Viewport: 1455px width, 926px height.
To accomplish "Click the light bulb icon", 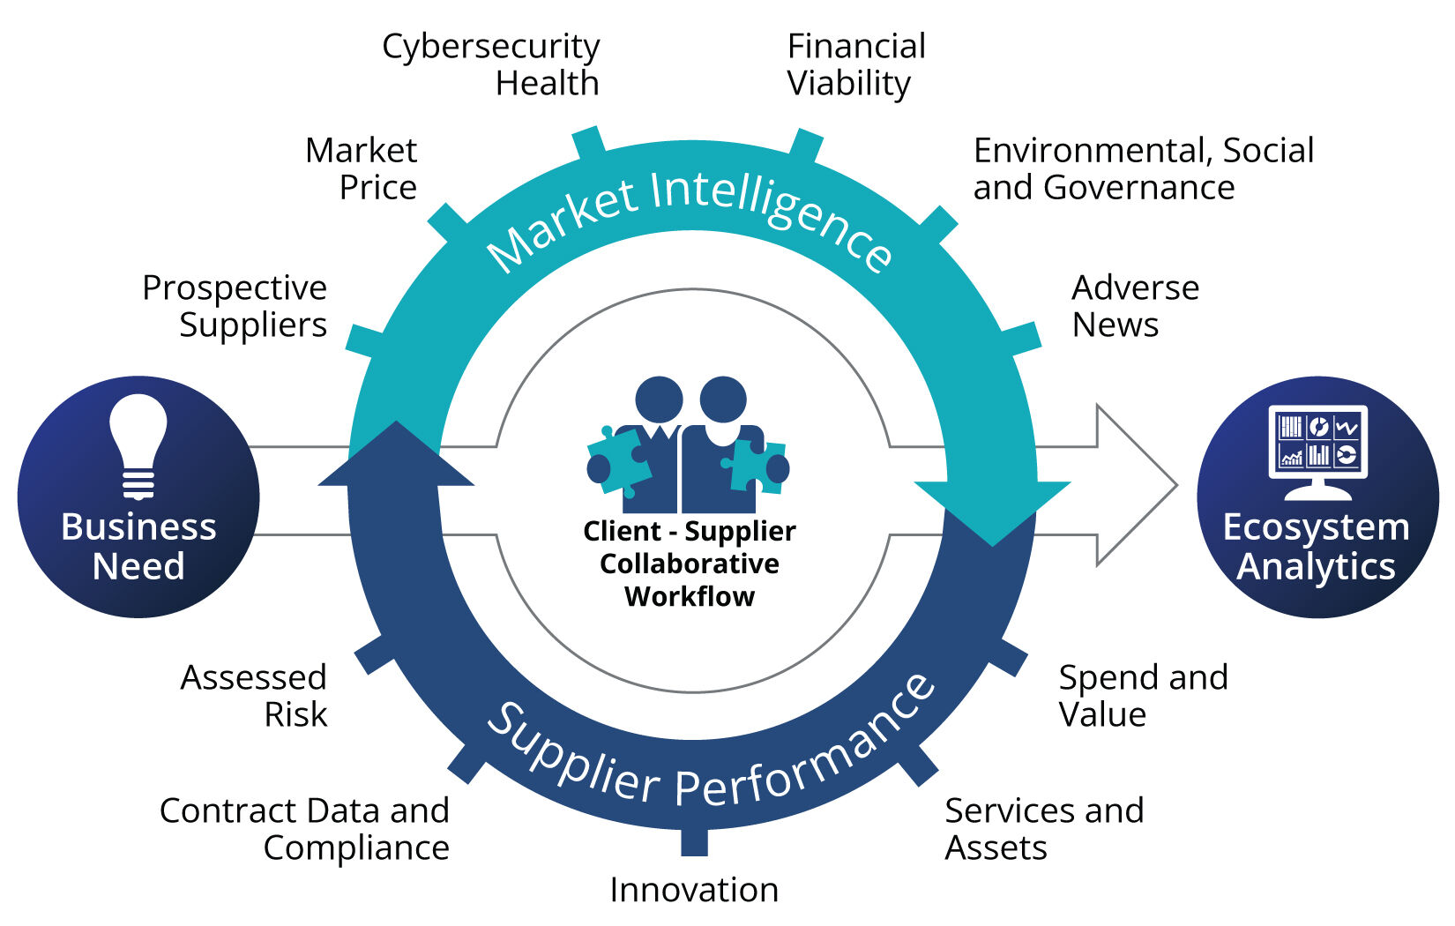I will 138,445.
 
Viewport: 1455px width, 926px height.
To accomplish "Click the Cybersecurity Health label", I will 491,64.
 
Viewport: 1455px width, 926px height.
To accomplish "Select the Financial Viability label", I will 855,64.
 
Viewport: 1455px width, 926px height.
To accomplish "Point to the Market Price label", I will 362,168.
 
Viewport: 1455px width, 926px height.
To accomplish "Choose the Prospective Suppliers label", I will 235,306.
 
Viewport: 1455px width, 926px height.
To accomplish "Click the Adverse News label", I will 1135,306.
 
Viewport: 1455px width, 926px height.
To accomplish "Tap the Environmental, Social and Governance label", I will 1143,168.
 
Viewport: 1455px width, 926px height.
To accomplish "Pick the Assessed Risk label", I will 254,696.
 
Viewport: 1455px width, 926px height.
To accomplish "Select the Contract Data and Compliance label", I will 305,829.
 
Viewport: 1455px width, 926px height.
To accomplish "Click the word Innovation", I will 694,890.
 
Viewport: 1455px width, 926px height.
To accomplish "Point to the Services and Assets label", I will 1044,829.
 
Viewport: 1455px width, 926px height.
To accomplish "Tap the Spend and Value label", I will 1143,696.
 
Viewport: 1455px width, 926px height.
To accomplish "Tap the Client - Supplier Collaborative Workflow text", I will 690,564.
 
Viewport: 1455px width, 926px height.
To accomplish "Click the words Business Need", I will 138,547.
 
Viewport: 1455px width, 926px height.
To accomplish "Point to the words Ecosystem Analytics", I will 1317,547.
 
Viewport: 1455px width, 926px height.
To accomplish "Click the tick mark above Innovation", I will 694,841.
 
